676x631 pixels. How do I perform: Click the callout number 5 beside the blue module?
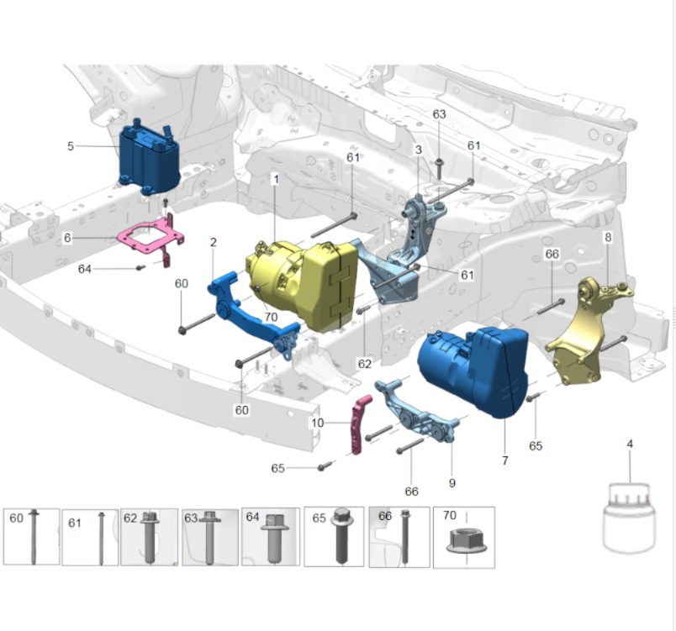tap(71, 146)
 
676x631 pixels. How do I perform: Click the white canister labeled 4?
tap(629, 517)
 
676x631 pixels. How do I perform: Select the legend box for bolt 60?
tap(31, 536)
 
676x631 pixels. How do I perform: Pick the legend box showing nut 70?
tap(463, 536)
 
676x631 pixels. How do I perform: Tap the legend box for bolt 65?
tap(334, 536)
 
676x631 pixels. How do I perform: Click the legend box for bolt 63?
tap(210, 536)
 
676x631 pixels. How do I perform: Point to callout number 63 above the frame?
tap(439, 114)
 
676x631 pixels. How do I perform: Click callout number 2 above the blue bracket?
tap(214, 243)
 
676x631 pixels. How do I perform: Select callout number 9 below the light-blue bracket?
tap(452, 482)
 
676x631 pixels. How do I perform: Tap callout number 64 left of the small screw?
tap(84, 269)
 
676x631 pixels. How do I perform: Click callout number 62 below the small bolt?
tap(364, 364)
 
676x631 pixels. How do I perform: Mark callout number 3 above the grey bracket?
tap(418, 150)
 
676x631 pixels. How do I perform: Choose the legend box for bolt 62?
tap(149, 536)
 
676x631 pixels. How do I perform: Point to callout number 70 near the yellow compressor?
tap(271, 317)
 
